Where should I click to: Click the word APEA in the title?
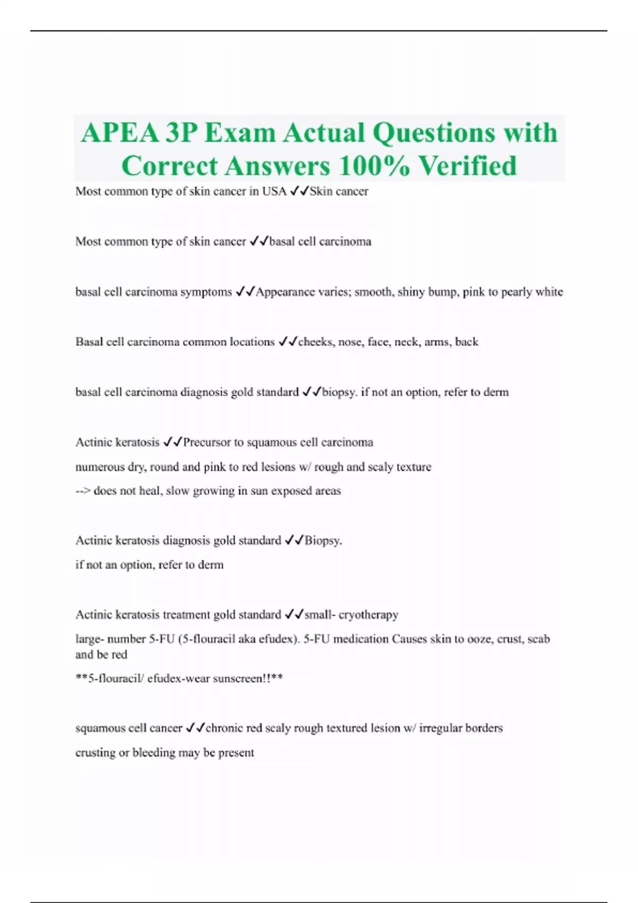(x=120, y=133)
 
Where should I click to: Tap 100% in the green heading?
(x=374, y=166)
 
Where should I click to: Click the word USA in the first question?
(x=274, y=191)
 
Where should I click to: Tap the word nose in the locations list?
(x=350, y=342)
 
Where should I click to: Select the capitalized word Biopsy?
(x=323, y=540)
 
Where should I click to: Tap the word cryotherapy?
(x=368, y=615)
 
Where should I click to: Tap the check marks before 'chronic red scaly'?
(x=195, y=728)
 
